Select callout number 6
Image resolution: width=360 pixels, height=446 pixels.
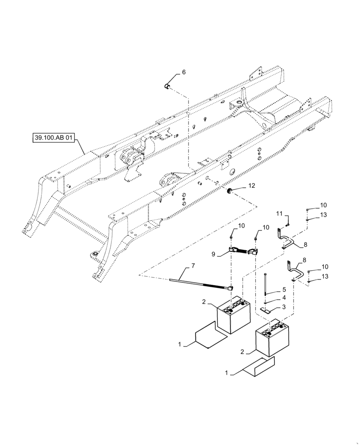tap(184, 72)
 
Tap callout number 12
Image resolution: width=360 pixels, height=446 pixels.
tap(252, 185)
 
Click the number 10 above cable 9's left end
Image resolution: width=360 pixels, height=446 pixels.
tap(241, 226)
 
